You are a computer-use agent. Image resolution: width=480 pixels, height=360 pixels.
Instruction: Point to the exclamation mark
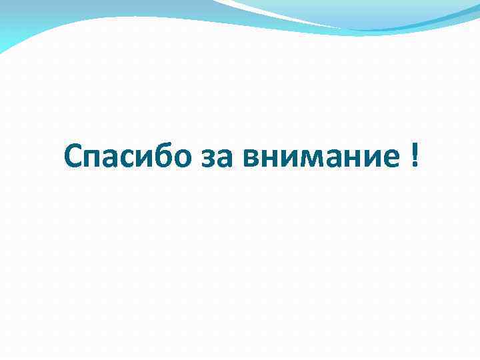(x=415, y=155)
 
